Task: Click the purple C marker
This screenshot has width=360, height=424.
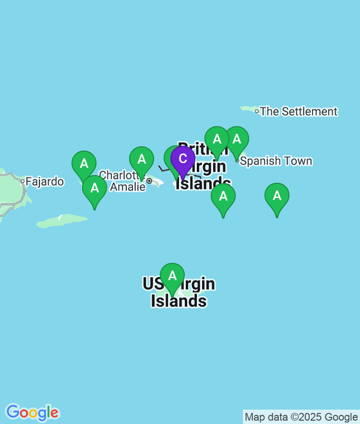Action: (183, 160)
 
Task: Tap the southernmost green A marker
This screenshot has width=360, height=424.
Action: (172, 276)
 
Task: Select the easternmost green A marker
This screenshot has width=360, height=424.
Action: (277, 196)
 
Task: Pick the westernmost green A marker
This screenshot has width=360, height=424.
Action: (84, 164)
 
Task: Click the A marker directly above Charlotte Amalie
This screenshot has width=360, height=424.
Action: (142, 160)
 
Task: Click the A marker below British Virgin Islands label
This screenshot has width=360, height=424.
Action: (223, 196)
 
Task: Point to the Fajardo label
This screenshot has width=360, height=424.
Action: (45, 182)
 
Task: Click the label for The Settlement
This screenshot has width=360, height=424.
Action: (299, 112)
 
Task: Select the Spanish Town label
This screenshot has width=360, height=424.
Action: (276, 161)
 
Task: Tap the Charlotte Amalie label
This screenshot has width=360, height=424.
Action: (123, 181)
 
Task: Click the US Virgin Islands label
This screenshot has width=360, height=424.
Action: (179, 293)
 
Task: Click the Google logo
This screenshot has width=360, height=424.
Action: (32, 412)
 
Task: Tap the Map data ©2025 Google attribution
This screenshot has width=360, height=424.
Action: (301, 417)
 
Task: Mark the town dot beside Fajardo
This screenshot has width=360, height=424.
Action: (22, 181)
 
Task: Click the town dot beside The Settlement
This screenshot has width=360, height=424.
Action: (257, 111)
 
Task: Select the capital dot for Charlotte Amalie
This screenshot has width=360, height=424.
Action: (149, 181)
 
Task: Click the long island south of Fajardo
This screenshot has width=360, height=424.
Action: (62, 221)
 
